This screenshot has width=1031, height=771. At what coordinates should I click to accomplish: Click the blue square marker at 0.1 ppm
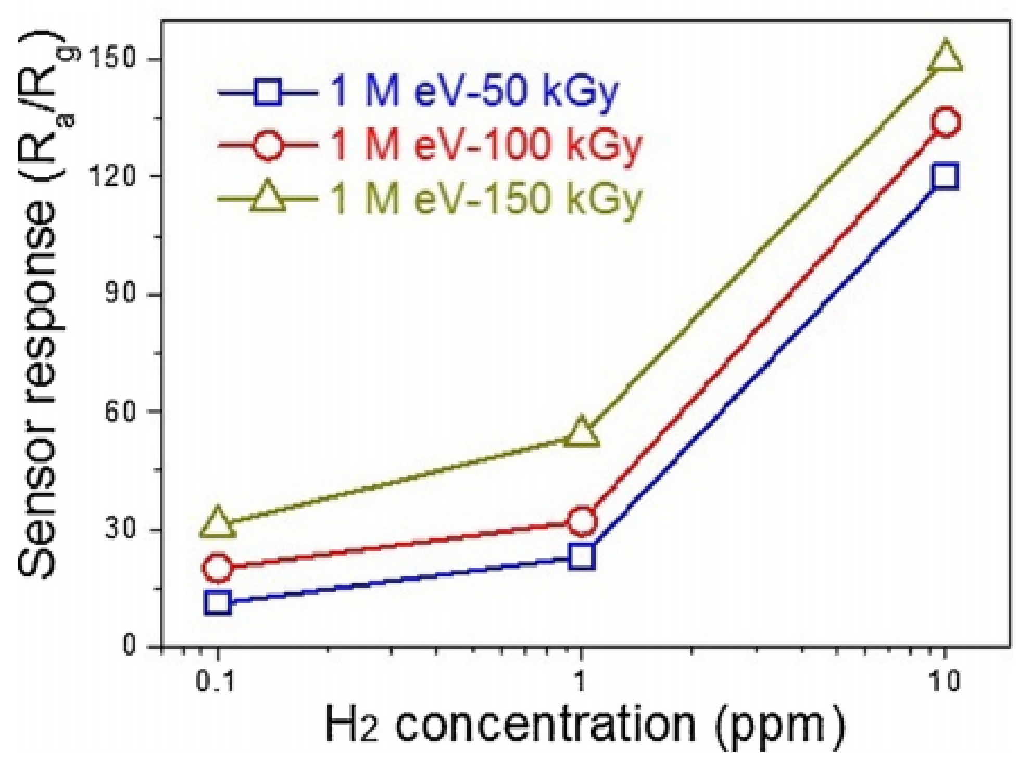[x=218, y=603]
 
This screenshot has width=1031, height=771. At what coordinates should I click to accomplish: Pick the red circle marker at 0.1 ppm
[x=218, y=568]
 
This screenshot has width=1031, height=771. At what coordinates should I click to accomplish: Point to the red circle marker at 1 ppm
[x=582, y=521]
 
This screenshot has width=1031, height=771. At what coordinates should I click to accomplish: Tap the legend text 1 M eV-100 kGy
[x=486, y=144]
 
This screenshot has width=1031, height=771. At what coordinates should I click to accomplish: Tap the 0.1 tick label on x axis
[x=215, y=682]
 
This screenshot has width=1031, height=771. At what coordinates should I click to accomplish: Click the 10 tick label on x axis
[x=944, y=682]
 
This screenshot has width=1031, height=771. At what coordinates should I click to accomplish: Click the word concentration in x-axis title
[x=545, y=725]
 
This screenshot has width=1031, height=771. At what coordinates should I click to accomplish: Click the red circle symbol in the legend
[x=268, y=144]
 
